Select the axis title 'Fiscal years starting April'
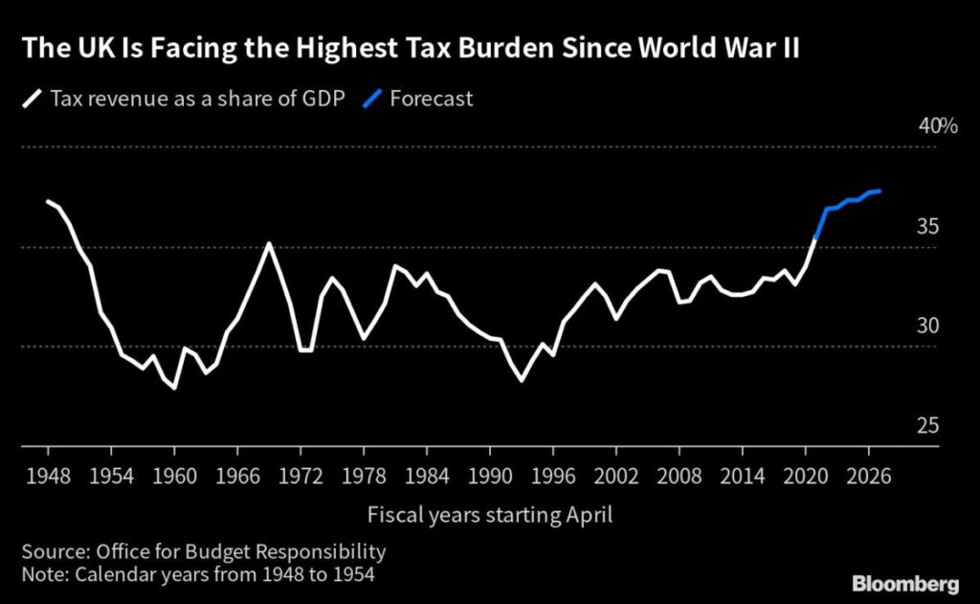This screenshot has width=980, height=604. [x=490, y=515]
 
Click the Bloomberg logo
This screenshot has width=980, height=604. [x=904, y=583]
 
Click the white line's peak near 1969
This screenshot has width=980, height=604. [x=269, y=243]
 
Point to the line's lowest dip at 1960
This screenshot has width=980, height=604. [x=174, y=388]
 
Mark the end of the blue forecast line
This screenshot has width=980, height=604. [x=880, y=191]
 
